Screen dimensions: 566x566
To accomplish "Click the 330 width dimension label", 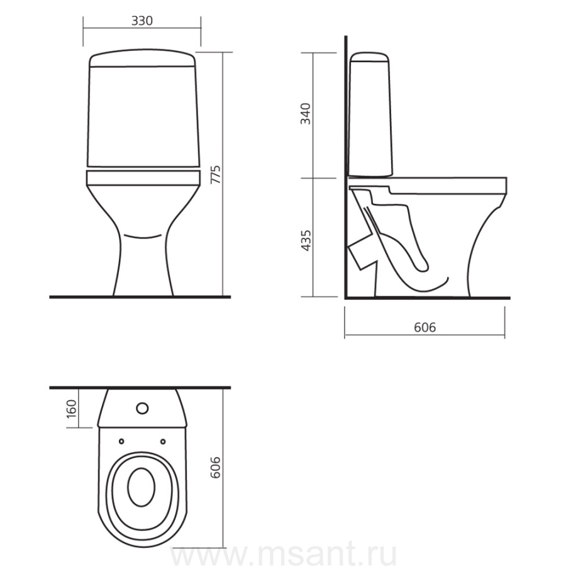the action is pos(142,21).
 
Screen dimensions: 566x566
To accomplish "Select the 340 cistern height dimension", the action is pos(306,114).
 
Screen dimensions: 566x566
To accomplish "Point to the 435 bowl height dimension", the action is pos(306,240).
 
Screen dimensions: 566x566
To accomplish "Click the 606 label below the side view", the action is pos(425,327).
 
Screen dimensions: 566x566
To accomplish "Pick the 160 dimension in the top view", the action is pos(72,408).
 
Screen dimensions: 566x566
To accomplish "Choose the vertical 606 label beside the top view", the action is pos(215,467).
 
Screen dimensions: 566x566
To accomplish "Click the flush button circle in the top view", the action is pos(142,408).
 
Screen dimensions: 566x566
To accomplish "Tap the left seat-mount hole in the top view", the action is pos(121,441).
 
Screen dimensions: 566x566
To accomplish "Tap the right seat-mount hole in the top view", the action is pos(163,441).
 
